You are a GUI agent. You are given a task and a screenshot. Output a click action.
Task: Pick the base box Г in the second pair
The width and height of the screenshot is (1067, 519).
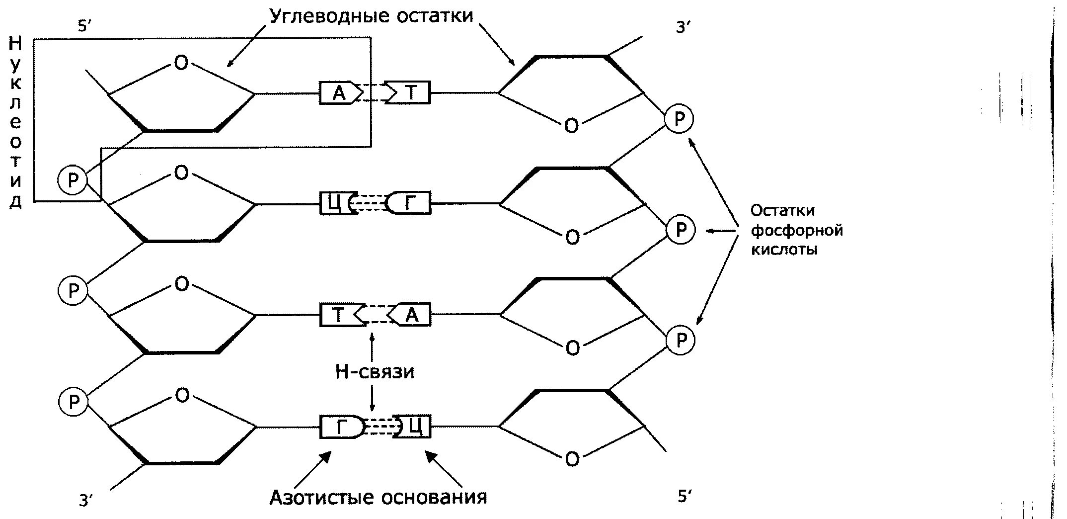(410, 203)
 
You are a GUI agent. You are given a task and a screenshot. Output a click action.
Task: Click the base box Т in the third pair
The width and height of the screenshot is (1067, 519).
(338, 315)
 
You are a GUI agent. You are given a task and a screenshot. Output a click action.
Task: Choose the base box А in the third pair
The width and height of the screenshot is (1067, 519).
(412, 315)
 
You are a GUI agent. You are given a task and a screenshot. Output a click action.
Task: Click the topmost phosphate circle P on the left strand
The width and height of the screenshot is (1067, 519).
(73, 180)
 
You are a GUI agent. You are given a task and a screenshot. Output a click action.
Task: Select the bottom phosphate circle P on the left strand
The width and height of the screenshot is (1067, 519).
(74, 402)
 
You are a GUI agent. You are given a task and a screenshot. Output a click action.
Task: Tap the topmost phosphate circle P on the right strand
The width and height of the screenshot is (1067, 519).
(679, 119)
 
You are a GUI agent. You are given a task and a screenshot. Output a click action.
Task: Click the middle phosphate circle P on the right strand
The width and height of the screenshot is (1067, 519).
(681, 230)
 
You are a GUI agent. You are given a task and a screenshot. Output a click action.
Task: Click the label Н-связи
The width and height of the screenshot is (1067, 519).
(375, 371)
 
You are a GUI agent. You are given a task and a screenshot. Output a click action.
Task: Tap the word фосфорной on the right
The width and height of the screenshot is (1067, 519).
(797, 231)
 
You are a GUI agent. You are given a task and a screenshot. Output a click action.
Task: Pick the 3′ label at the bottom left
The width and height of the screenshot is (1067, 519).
(86, 501)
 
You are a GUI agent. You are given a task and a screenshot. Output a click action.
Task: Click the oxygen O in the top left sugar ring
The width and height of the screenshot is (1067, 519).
(181, 63)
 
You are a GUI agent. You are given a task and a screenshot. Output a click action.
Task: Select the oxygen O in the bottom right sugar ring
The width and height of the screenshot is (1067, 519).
(572, 459)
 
